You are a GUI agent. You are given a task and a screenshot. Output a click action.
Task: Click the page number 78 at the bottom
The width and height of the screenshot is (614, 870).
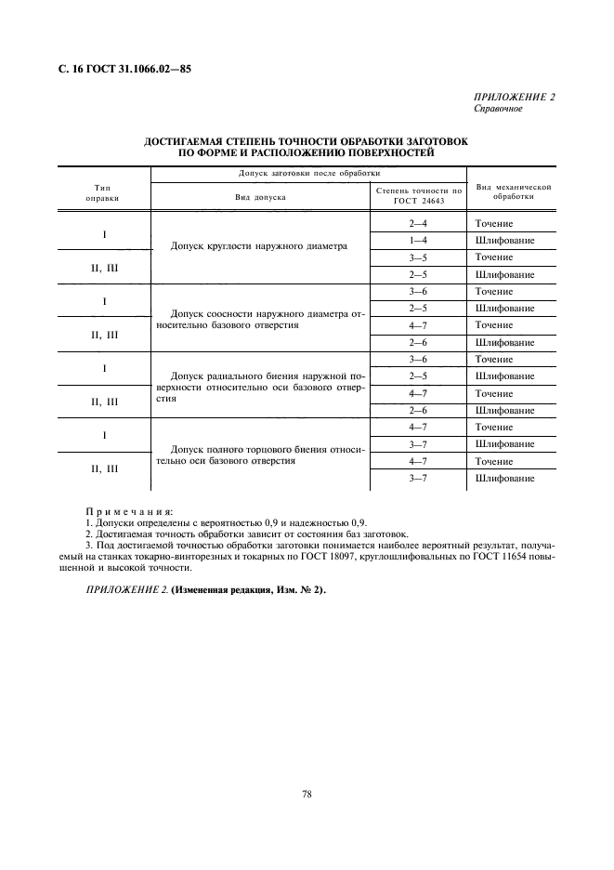[x=306, y=794]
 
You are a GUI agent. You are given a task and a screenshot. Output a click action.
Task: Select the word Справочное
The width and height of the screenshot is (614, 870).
[x=499, y=109]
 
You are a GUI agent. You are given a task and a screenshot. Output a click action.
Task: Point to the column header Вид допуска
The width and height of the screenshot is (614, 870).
[x=260, y=198]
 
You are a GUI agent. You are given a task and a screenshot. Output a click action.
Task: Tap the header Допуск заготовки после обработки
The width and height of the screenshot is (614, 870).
[x=260, y=173]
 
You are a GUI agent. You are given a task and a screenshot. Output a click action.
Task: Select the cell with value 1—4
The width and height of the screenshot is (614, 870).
[x=418, y=241]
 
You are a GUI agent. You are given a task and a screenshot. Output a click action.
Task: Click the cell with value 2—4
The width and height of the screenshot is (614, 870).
[x=418, y=224]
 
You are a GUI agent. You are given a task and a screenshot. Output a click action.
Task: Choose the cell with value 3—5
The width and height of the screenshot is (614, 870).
[x=418, y=257]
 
